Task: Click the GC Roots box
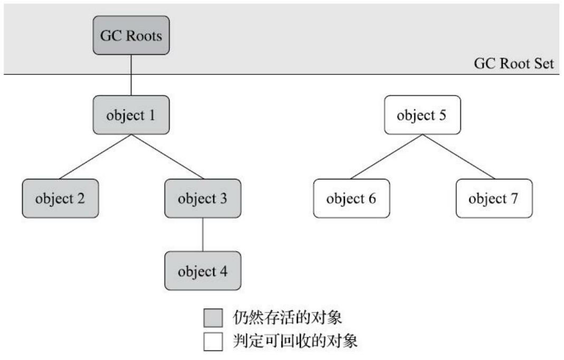tap(131, 35)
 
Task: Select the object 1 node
tap(131, 115)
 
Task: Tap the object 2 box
tap(60, 198)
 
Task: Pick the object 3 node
tap(203, 198)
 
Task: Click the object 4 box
tap(203, 271)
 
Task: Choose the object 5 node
tap(422, 115)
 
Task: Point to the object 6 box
tap(351, 198)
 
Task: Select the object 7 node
tap(494, 198)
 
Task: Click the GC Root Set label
tap(514, 64)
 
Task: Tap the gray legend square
tap(213, 318)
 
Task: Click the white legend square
tap(213, 342)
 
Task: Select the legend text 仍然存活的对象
tap(287, 318)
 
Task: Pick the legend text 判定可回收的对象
tap(295, 341)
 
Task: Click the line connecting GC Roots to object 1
tap(131, 75)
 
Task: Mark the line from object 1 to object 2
tap(95, 157)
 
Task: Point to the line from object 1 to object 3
tap(167, 157)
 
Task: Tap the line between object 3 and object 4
tap(203, 234)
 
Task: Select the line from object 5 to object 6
tap(387, 157)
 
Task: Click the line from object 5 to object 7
tap(458, 157)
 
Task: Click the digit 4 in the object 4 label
tap(223, 271)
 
